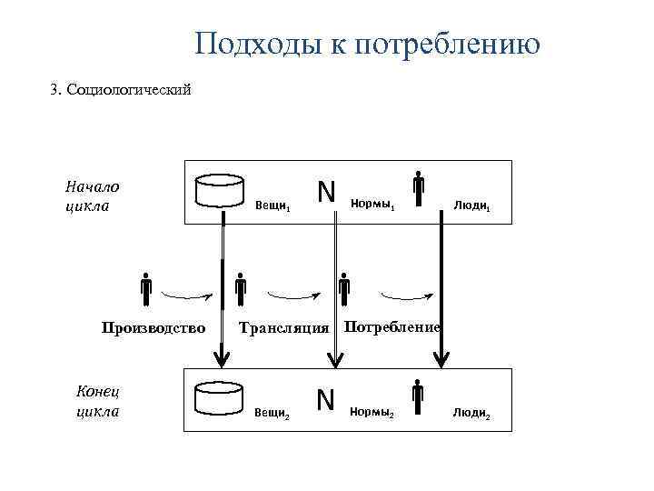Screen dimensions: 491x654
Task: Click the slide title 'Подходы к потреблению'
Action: click(x=367, y=43)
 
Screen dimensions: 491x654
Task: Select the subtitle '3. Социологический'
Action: click(x=120, y=90)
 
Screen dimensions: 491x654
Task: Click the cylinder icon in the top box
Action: click(x=222, y=192)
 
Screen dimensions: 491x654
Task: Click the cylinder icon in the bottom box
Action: click(x=222, y=397)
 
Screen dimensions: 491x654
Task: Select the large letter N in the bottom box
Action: click(x=326, y=399)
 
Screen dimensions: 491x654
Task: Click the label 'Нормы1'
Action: click(x=372, y=205)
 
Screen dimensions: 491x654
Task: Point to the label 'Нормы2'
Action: click(x=372, y=413)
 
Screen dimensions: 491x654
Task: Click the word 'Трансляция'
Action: click(x=282, y=328)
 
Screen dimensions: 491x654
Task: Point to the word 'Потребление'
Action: click(x=392, y=326)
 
